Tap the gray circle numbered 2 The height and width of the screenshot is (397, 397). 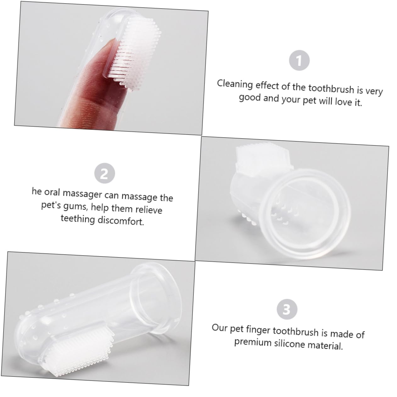coord(104,173)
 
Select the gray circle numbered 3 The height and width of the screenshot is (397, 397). coord(287,310)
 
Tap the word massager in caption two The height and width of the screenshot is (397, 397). coord(82,194)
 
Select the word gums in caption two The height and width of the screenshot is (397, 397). coord(82,207)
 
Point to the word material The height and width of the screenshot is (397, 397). coord(325,346)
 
